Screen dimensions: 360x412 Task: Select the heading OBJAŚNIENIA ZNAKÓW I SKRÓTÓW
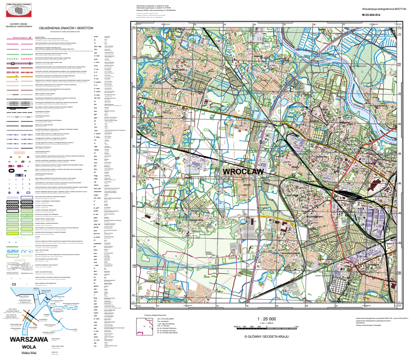pyautogui.click(x=65, y=28)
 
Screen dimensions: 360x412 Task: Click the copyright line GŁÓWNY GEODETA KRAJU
pyautogui.click(x=266, y=336)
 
